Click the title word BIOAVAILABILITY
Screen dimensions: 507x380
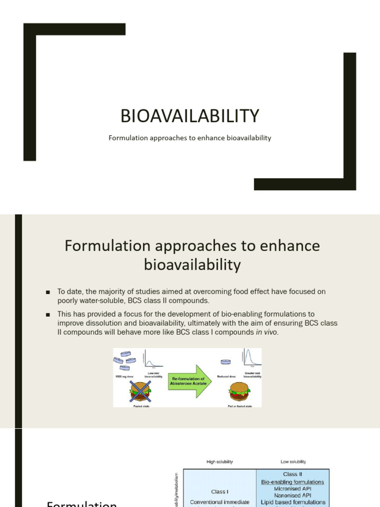190,116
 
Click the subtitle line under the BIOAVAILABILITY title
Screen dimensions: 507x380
190,138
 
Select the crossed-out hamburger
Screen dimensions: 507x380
140,392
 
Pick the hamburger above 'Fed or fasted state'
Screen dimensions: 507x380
239,392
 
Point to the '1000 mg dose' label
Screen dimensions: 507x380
124,376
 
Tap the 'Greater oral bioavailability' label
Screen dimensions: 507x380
252,375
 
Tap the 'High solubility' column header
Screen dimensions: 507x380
219,461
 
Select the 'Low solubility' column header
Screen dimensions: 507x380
293,461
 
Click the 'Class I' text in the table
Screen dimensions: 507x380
219,492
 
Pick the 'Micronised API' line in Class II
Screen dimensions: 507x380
293,488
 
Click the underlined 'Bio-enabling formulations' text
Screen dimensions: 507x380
293,482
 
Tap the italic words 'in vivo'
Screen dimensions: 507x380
267,332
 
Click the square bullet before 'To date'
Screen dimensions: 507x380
48,292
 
